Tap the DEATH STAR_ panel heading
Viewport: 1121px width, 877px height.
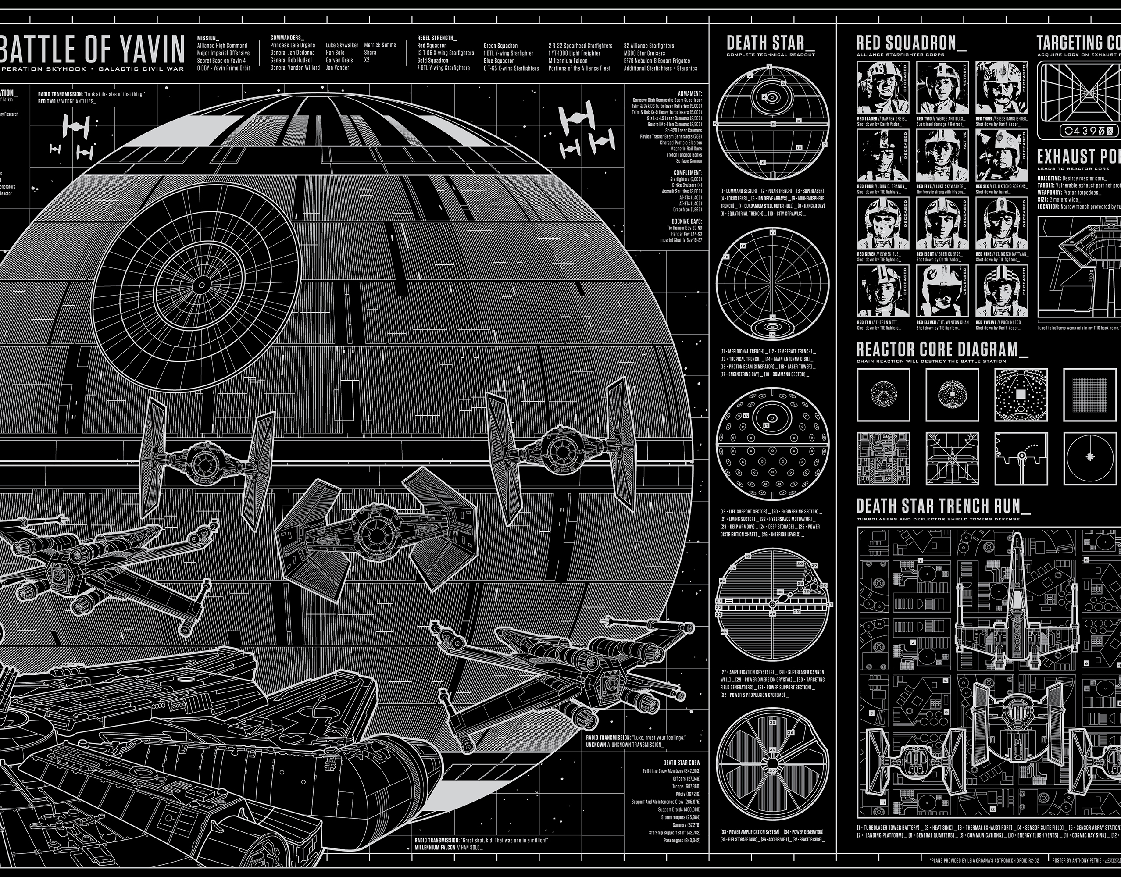click(x=765, y=43)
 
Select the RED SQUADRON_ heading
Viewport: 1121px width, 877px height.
click(x=911, y=43)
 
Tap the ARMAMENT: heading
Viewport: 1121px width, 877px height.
click(x=689, y=93)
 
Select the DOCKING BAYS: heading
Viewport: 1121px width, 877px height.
click(x=686, y=221)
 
